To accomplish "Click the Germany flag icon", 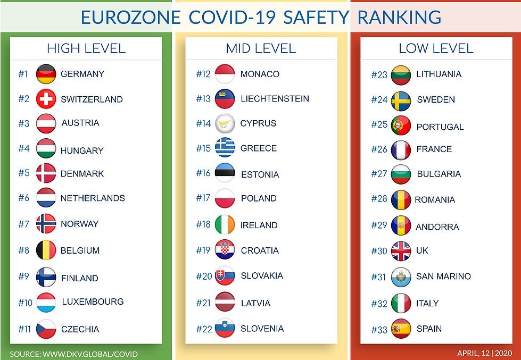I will (46, 74).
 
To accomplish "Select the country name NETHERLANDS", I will (93, 198).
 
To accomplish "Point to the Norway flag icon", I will (46, 224).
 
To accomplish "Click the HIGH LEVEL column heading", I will (86, 48).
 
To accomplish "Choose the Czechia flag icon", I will (46, 329).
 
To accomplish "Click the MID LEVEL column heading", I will (261, 48).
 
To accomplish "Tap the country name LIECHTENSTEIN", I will (275, 98).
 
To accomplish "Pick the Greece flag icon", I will (225, 148).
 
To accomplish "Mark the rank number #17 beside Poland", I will (203, 198).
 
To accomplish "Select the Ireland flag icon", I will (225, 224).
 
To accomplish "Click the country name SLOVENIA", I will (262, 329).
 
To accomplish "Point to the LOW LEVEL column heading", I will (436, 48).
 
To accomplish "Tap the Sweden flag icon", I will (401, 99).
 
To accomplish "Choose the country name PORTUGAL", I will (440, 127).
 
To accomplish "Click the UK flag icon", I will (401, 250).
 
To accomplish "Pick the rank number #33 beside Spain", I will (379, 330).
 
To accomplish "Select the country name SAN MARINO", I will (443, 276).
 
